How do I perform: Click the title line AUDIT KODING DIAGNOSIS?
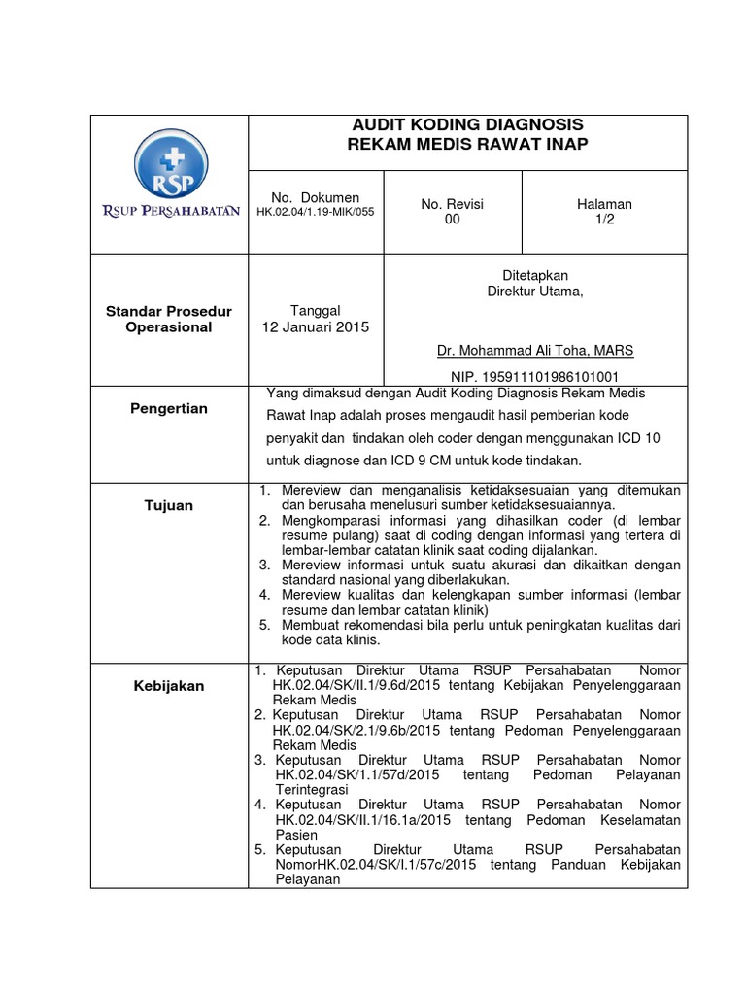467,125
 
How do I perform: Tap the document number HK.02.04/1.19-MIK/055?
315,212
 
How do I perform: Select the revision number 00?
452,220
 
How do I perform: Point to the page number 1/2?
604,220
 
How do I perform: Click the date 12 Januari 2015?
317,326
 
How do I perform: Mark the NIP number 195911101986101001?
535,376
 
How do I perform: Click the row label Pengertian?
169,409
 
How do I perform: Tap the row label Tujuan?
169,505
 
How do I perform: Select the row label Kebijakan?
169,686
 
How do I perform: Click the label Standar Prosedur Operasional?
169,320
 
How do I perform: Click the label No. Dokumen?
315,197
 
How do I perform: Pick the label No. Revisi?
452,204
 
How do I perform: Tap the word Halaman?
604,204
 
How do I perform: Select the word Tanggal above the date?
317,310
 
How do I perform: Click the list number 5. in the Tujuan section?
264,624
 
